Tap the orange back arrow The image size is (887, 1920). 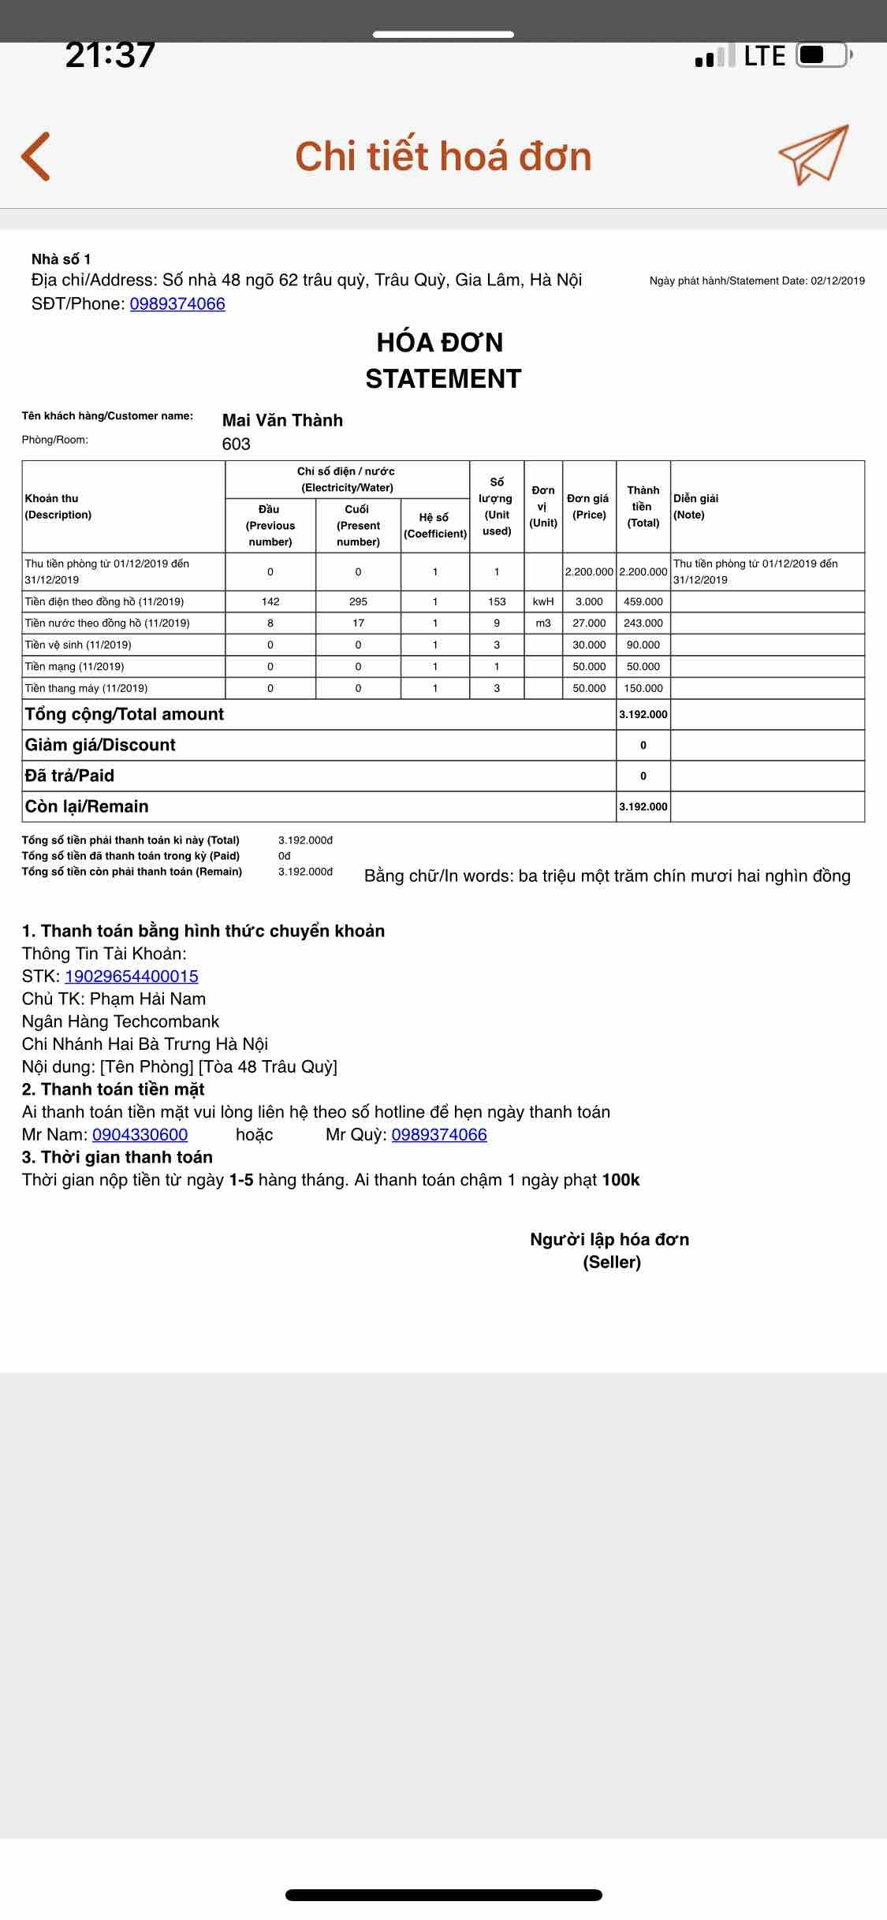tap(36, 156)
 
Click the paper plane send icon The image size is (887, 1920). tap(813, 154)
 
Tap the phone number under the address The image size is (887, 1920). tap(177, 304)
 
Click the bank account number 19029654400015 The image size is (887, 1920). tap(132, 977)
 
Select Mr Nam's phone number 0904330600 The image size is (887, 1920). tap(140, 1135)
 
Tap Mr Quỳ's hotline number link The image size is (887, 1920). tap(439, 1135)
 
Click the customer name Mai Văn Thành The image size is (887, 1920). tap(282, 420)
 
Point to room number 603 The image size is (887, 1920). tap(236, 444)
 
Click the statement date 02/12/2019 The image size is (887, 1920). tap(837, 281)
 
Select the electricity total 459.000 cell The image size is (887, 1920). tap(643, 601)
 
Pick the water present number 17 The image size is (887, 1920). tap(358, 623)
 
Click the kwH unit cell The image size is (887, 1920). tap(543, 601)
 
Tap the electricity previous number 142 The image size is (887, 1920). tap(270, 601)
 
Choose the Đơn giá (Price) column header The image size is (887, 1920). tap(588, 506)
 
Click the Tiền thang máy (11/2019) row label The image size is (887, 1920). tap(86, 688)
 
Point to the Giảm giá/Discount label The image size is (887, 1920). tap(100, 745)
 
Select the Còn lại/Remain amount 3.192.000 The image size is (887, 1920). tap(643, 806)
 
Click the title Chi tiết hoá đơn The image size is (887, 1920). tap(443, 156)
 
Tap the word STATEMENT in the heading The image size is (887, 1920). tap(443, 379)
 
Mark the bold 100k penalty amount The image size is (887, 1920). tap(621, 1180)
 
